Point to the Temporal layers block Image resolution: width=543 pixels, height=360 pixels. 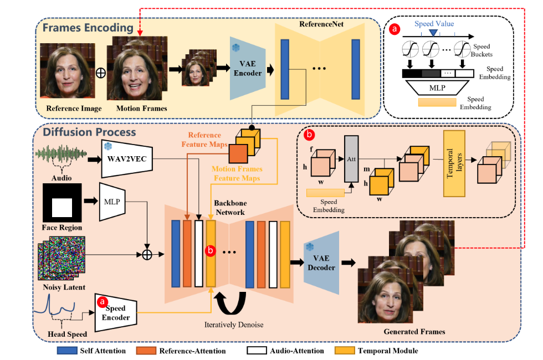tap(454, 164)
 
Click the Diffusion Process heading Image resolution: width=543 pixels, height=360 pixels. tap(95, 132)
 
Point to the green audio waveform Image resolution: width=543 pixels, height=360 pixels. tap(62, 153)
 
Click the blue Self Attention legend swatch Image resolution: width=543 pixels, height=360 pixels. tap(67, 351)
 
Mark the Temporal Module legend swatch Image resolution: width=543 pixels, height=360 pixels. tap(344, 351)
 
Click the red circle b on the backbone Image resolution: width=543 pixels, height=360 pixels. tap(211, 251)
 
